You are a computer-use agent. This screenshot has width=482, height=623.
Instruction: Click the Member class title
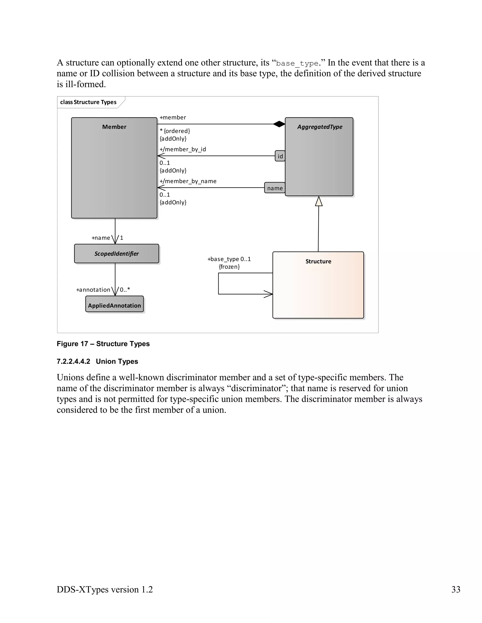pyautogui.click(x=114, y=127)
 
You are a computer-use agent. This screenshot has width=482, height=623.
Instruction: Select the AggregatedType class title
pyautogui.click(x=320, y=127)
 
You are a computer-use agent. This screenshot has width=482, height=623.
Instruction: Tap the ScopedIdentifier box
pyautogui.click(x=116, y=254)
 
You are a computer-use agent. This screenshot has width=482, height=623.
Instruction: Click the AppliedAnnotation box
pyautogui.click(x=115, y=306)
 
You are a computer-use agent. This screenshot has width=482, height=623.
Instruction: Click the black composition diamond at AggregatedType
pyautogui.click(x=279, y=124)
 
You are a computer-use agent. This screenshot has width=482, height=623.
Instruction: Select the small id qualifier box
pyautogui.click(x=280, y=156)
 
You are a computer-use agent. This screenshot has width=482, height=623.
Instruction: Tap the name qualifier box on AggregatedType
pyautogui.click(x=275, y=188)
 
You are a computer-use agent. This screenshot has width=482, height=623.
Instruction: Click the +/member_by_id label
pyautogui.click(x=183, y=149)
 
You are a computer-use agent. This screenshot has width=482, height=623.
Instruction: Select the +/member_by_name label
pyautogui.click(x=188, y=181)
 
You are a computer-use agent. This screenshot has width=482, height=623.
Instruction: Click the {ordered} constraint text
pyautogui.click(x=177, y=131)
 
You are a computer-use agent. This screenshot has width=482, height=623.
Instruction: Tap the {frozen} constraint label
pyautogui.click(x=229, y=267)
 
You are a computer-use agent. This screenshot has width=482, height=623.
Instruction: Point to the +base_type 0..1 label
pyautogui.click(x=229, y=259)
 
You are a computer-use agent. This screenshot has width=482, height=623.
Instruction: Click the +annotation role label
pyautogui.click(x=93, y=290)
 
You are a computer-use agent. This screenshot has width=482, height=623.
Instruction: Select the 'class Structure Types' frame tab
pyautogui.click(x=88, y=102)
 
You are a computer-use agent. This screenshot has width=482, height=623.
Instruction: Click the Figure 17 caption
pyautogui.click(x=103, y=344)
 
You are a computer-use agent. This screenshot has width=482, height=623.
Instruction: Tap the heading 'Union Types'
pyautogui.click(x=117, y=361)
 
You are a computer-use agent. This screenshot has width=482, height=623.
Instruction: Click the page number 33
pyautogui.click(x=455, y=589)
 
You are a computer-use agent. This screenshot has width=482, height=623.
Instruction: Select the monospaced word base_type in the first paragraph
pyautogui.click(x=297, y=63)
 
